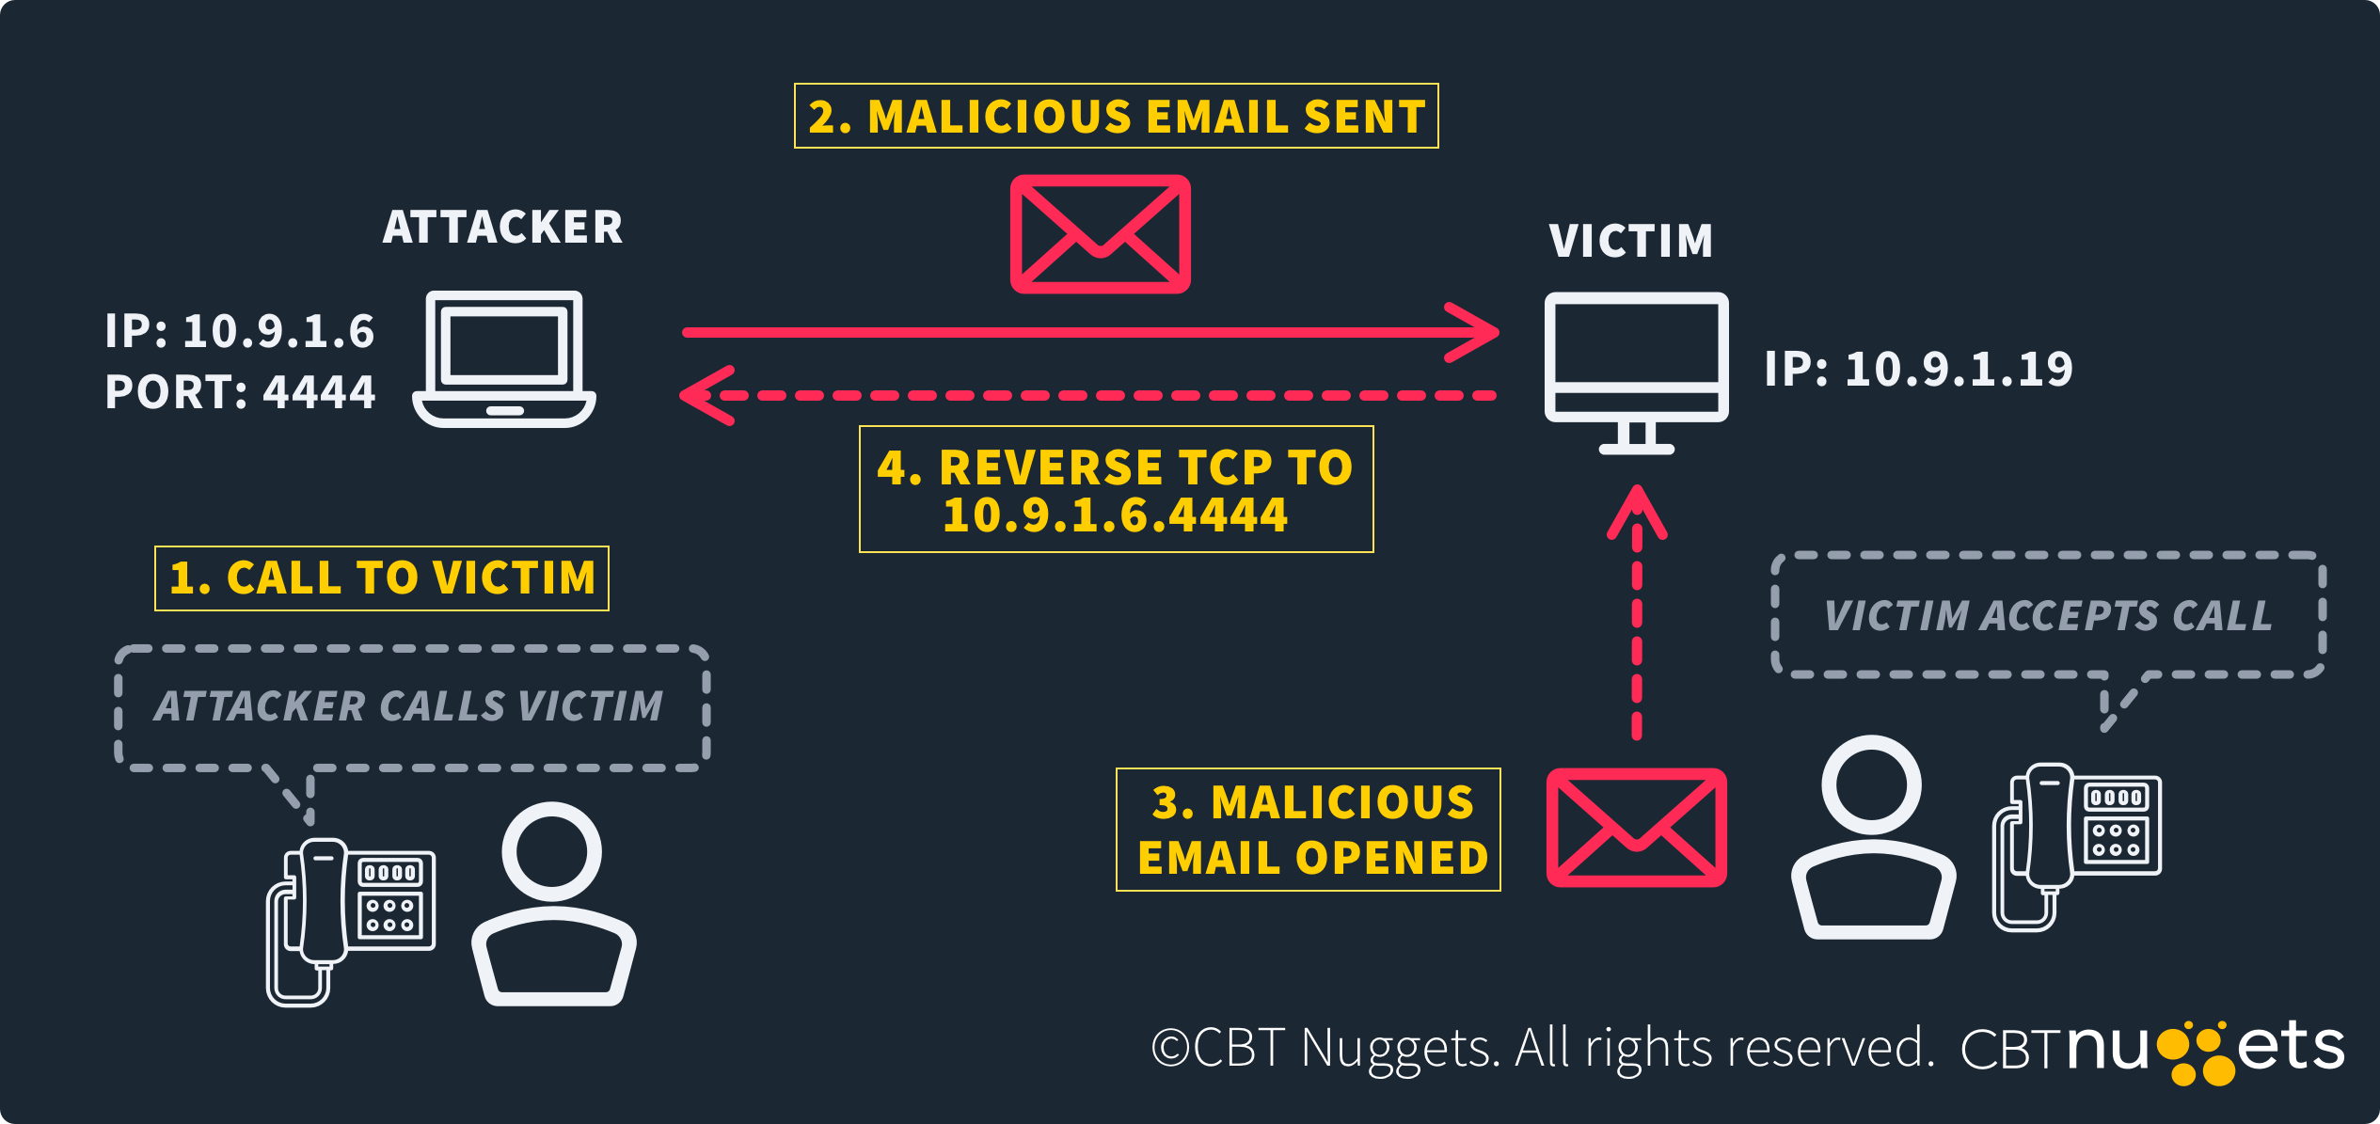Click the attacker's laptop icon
point(504,358)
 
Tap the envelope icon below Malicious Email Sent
point(1100,234)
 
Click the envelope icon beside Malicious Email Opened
point(1636,828)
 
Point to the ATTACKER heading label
point(502,228)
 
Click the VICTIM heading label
point(1630,241)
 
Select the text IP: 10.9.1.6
point(240,331)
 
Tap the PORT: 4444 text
point(240,391)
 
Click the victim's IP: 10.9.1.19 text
point(1918,369)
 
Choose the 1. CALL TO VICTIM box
point(382,578)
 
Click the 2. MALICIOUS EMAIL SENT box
point(1116,116)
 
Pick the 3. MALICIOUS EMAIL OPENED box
point(1308,829)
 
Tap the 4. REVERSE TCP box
point(1116,489)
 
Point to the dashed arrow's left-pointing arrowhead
point(701,395)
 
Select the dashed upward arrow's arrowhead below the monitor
point(1637,508)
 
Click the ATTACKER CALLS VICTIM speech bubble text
point(409,706)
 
